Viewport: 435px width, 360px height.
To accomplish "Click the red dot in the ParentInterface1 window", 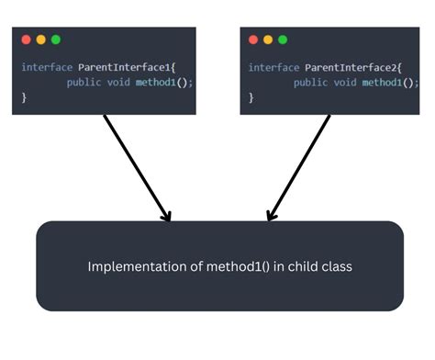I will pyautogui.click(x=26, y=39).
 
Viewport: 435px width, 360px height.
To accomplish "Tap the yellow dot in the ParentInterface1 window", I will pyautogui.click(x=40, y=39).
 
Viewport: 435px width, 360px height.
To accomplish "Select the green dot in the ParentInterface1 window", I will pyautogui.click(x=55, y=39).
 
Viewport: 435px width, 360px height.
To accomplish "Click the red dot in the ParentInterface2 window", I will pyautogui.click(x=253, y=39).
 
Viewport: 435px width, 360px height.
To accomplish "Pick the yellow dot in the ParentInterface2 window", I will pyautogui.click(x=268, y=39).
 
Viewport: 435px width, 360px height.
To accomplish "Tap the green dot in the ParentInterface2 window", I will pyautogui.click(x=283, y=39).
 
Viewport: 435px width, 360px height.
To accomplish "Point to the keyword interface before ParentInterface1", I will pyautogui.click(x=43, y=67).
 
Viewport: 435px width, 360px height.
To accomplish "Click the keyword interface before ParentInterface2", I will pyautogui.click(x=271, y=67).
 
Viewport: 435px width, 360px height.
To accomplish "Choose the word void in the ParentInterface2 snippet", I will pyautogui.click(x=344, y=83).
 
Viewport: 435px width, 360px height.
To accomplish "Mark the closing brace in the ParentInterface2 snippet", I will pyautogui.click(x=251, y=97).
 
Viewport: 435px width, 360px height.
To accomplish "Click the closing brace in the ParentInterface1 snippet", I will pyautogui.click(x=24, y=97).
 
